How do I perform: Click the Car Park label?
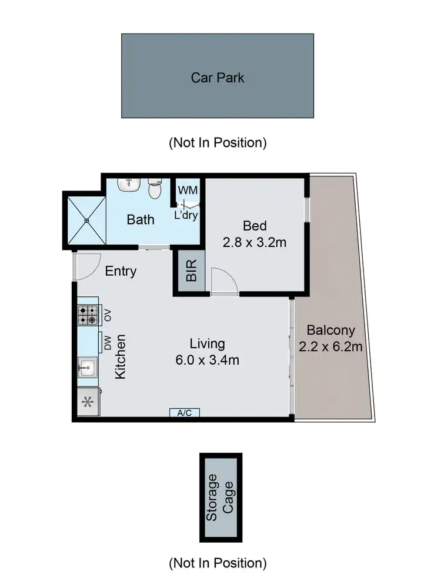(217, 77)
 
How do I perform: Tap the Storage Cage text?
(220, 497)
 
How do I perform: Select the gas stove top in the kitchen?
(88, 316)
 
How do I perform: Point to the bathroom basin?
(127, 185)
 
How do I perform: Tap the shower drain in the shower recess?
(87, 220)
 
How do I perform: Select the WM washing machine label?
(188, 191)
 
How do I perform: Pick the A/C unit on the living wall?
(185, 413)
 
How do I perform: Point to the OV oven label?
(108, 316)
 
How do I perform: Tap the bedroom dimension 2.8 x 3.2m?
(255, 242)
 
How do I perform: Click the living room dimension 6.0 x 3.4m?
(206, 360)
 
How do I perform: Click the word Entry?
(121, 271)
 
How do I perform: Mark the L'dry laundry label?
(186, 215)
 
